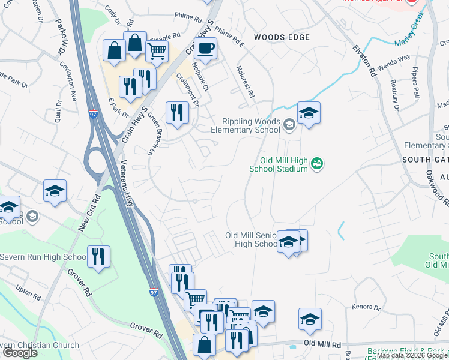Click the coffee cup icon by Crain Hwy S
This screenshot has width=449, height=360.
[x=205, y=49]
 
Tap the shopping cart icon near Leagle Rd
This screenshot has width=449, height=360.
[x=157, y=51]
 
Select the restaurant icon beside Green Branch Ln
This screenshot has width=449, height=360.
[x=177, y=113]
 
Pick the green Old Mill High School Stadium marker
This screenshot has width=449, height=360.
[x=318, y=163]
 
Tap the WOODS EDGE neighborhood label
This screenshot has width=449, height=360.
[x=282, y=37]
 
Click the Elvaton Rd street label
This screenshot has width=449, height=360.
[x=364, y=59]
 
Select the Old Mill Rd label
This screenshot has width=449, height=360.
[x=322, y=343]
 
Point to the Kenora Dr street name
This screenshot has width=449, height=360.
[x=367, y=307]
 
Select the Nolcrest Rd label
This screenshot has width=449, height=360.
[x=246, y=82]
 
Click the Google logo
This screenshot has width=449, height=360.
[x=20, y=353]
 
